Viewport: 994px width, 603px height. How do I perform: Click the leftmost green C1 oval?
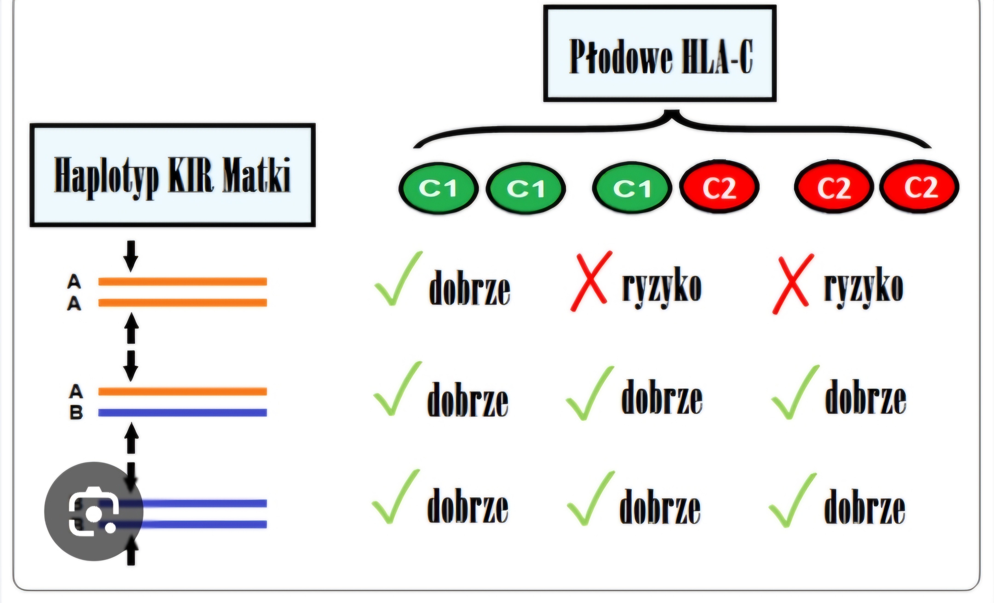(x=439, y=188)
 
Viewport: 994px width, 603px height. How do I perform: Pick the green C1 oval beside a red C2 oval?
(x=632, y=188)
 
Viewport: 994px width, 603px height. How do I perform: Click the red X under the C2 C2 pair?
(x=792, y=284)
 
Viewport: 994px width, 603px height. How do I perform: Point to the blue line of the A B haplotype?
(x=182, y=412)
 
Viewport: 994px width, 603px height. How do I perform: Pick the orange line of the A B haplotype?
(x=182, y=391)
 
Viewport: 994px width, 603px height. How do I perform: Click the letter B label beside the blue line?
(x=76, y=412)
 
